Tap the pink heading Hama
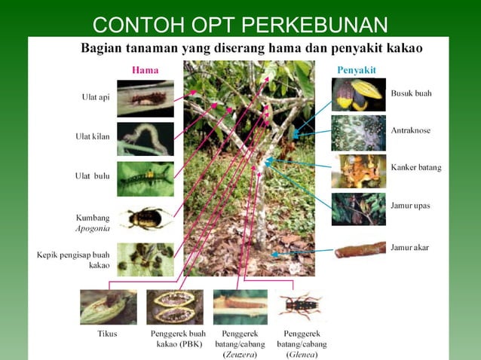click(145, 69)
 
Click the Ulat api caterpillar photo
click(145, 98)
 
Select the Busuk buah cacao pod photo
click(358, 95)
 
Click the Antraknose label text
click(411, 130)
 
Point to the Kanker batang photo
click(358, 171)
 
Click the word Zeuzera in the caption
click(240, 354)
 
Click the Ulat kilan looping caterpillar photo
click(145, 139)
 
